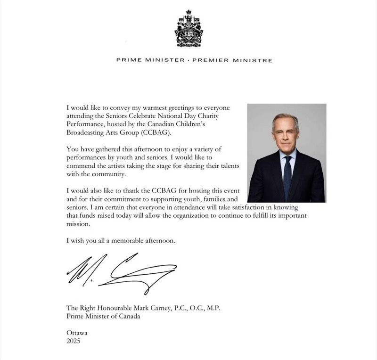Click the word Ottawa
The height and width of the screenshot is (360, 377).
[77, 333]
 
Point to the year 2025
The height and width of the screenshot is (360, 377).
[74, 341]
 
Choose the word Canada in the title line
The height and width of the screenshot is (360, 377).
[129, 316]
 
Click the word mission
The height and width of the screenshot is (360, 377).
[78, 225]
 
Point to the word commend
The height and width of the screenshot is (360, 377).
[81, 166]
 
